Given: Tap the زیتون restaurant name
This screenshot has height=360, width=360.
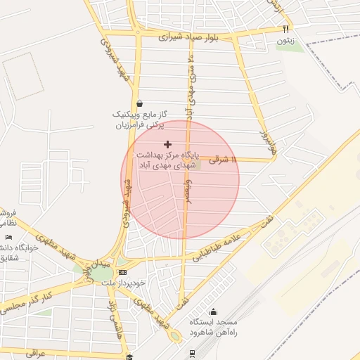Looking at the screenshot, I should point(285,41).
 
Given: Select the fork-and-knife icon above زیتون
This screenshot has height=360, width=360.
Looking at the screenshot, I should point(285,30).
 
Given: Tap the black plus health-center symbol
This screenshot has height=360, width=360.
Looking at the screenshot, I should point(167,144).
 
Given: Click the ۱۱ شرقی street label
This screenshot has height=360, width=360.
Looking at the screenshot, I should point(225,160).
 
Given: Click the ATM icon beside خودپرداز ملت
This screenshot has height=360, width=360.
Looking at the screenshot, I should point(123,272).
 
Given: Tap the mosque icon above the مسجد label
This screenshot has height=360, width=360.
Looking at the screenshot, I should point(214,312).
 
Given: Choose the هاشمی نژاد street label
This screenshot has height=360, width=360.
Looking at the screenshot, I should point(111,319).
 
